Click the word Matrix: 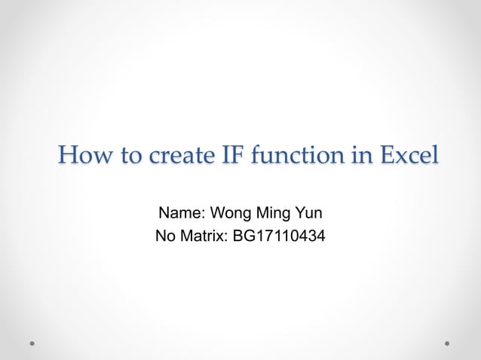coord(203,238)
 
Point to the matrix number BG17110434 coord(280,238)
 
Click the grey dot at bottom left coord(33,343)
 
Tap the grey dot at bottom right coord(447,343)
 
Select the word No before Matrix coord(164,238)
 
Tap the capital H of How coord(68,157)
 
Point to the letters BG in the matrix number coord(243,238)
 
